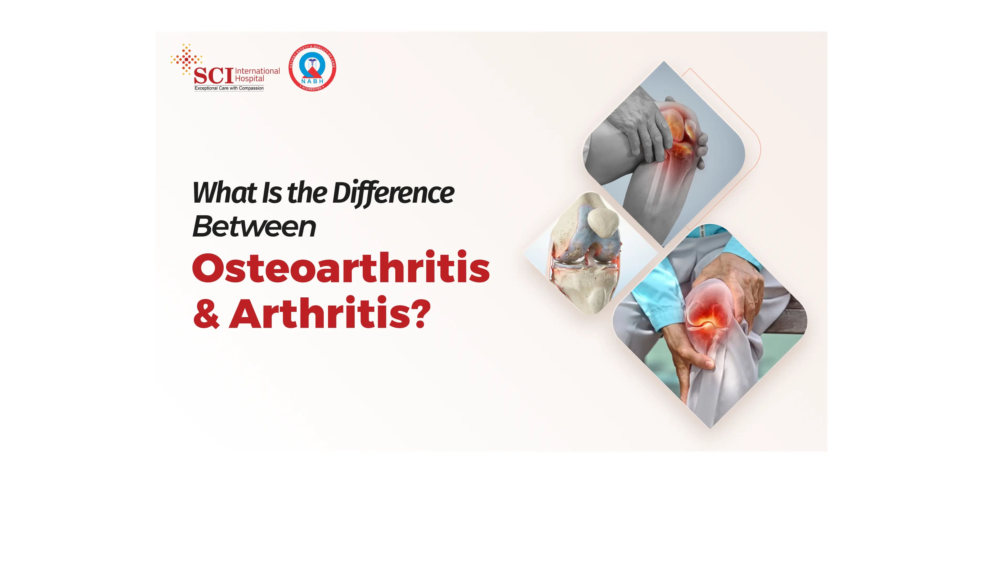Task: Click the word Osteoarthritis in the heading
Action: (340, 268)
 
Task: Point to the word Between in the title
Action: (254, 227)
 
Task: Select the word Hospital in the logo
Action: (249, 79)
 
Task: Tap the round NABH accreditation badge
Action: (312, 67)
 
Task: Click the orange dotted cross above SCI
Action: (187, 59)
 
